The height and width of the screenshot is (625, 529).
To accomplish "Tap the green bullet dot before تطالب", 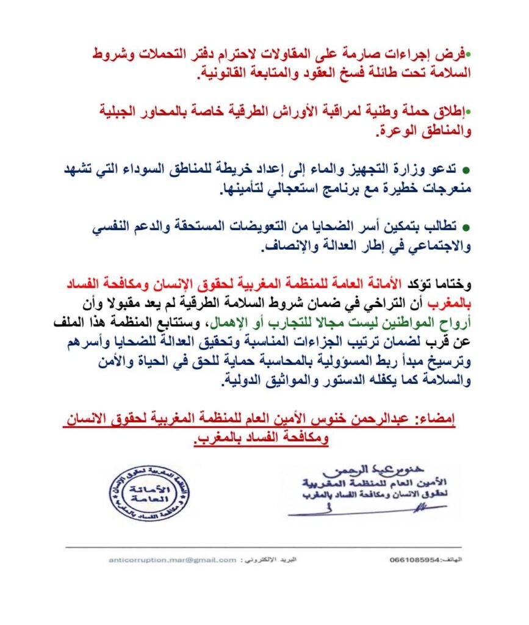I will click(x=465, y=228).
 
